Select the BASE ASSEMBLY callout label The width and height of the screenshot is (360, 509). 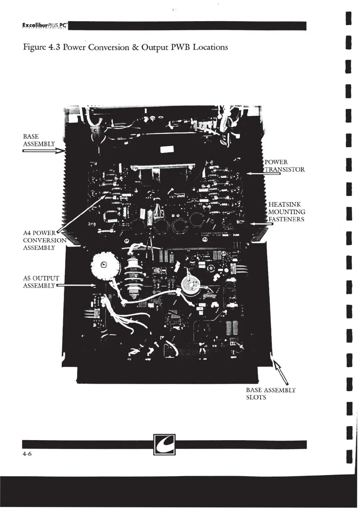pyautogui.click(x=39, y=140)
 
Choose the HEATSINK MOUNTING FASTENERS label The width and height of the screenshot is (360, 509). pyautogui.click(x=286, y=212)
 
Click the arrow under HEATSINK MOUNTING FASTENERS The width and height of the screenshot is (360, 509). pyautogui.click(x=262, y=224)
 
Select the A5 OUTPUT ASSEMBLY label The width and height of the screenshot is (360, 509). pyautogui.click(x=41, y=282)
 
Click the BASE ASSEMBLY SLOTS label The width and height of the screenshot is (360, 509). pyautogui.click(x=270, y=394)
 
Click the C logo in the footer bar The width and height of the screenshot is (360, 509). pyautogui.click(x=164, y=444)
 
